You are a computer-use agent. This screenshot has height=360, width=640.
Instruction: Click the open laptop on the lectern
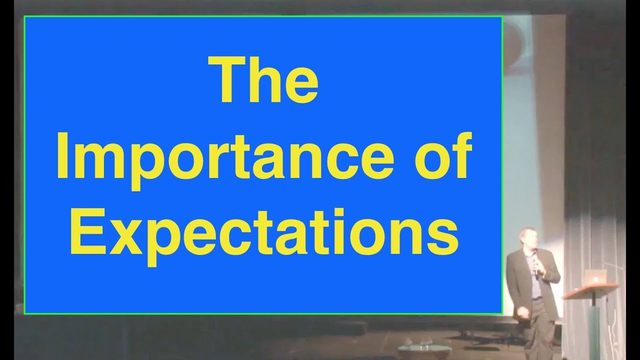tap(597, 277)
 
